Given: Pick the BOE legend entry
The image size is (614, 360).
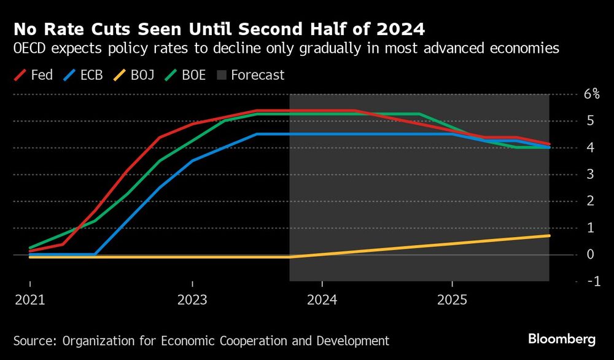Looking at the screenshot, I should coord(193,75).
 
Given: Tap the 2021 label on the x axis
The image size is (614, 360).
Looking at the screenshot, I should coord(29,300).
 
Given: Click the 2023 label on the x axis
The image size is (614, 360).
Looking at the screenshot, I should coord(192,300).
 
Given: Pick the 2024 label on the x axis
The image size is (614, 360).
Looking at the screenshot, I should coord(322,300).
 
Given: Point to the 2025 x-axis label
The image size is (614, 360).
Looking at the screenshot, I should coord(452,300).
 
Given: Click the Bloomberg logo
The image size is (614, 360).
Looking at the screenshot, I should coord(562,339).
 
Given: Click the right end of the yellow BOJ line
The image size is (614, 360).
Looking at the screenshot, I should coord(549,235).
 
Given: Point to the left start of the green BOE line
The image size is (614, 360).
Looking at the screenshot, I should coord(30,248).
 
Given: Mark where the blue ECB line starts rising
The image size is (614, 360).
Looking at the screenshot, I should coord(95,254).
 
